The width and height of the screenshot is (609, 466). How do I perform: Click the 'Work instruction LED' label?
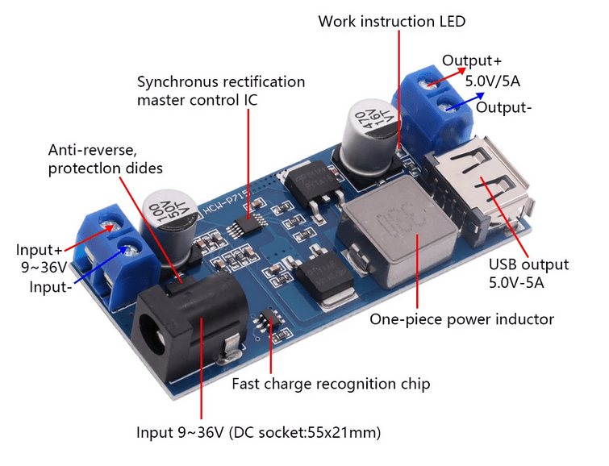click(391, 21)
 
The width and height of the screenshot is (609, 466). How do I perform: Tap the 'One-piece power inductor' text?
click(461, 319)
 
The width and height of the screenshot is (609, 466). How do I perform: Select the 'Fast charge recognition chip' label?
click(331, 384)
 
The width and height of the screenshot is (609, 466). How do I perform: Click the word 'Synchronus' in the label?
click(176, 82)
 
